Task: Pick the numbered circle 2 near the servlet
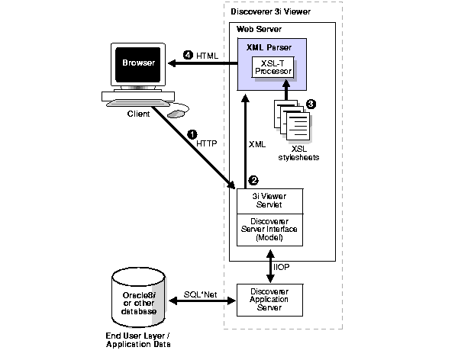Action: [x=253, y=181]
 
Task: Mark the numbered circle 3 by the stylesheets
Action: [x=311, y=104]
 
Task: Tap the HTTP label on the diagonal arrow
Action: [x=206, y=143]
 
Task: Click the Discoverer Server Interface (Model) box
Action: [x=270, y=229]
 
